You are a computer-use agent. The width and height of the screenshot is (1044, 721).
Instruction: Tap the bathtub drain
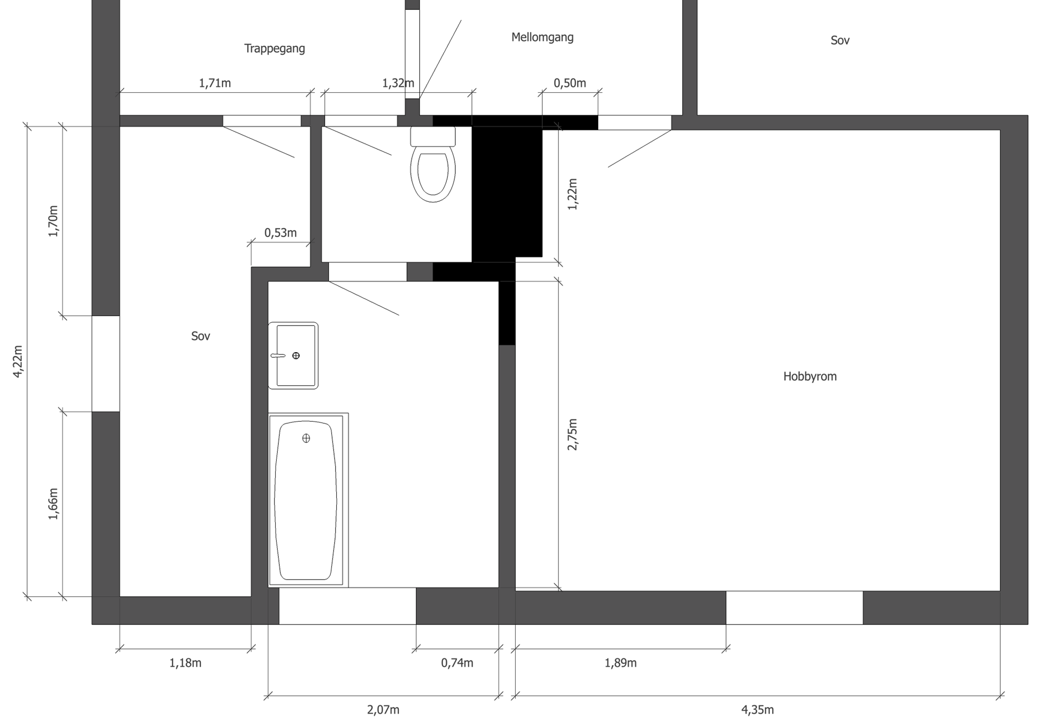click(x=306, y=438)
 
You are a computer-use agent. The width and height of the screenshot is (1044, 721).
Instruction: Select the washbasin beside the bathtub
click(x=293, y=355)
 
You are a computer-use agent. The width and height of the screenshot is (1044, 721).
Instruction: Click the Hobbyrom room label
click(x=810, y=376)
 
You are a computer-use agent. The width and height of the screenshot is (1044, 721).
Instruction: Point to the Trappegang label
click(x=275, y=49)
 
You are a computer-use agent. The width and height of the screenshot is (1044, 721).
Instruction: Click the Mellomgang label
click(x=542, y=37)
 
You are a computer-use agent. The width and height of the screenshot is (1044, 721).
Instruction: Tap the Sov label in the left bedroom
click(x=200, y=336)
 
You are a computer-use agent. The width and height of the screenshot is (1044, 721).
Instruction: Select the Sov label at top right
click(x=840, y=40)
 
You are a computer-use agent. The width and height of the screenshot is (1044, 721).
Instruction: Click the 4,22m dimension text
click(x=18, y=361)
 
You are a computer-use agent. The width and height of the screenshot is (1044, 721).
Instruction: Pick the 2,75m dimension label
click(x=573, y=434)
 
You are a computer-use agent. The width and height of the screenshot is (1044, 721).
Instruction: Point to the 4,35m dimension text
click(x=757, y=710)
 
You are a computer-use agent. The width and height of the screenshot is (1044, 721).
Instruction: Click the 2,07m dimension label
click(x=383, y=710)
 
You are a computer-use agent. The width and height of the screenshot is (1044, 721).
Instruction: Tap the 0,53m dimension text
click(x=280, y=233)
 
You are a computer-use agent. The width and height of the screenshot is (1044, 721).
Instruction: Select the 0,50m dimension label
click(x=570, y=83)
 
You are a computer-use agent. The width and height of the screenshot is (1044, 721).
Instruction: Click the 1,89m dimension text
click(x=621, y=663)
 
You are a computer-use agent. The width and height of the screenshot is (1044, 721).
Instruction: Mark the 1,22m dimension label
click(x=573, y=194)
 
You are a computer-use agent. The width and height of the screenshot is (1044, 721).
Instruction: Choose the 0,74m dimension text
click(x=457, y=663)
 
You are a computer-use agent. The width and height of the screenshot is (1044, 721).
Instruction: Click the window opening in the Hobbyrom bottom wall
click(x=794, y=608)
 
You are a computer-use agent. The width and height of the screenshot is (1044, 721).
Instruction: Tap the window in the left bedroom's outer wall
click(x=106, y=364)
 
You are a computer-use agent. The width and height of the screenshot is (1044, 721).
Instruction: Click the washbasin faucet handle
click(x=278, y=356)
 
